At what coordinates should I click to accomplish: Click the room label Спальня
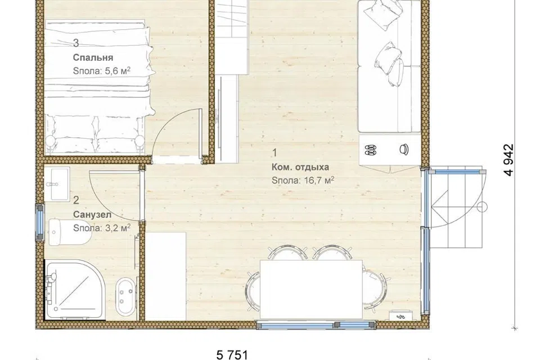[93, 57]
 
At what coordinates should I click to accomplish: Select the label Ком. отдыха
[300, 167]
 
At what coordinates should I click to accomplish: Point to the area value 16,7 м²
[319, 180]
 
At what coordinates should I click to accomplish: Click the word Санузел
[92, 215]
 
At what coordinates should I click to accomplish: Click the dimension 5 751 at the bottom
[232, 354]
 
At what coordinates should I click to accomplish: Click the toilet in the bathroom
[69, 232]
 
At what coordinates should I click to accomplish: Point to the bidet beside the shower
[125, 296]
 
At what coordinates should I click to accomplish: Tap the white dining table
[311, 289]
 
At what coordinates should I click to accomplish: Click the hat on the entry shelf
[404, 149]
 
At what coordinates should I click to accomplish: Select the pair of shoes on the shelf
[370, 150]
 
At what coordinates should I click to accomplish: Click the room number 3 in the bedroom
[76, 43]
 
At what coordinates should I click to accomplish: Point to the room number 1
[274, 152]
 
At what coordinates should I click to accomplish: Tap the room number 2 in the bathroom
[76, 200]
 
